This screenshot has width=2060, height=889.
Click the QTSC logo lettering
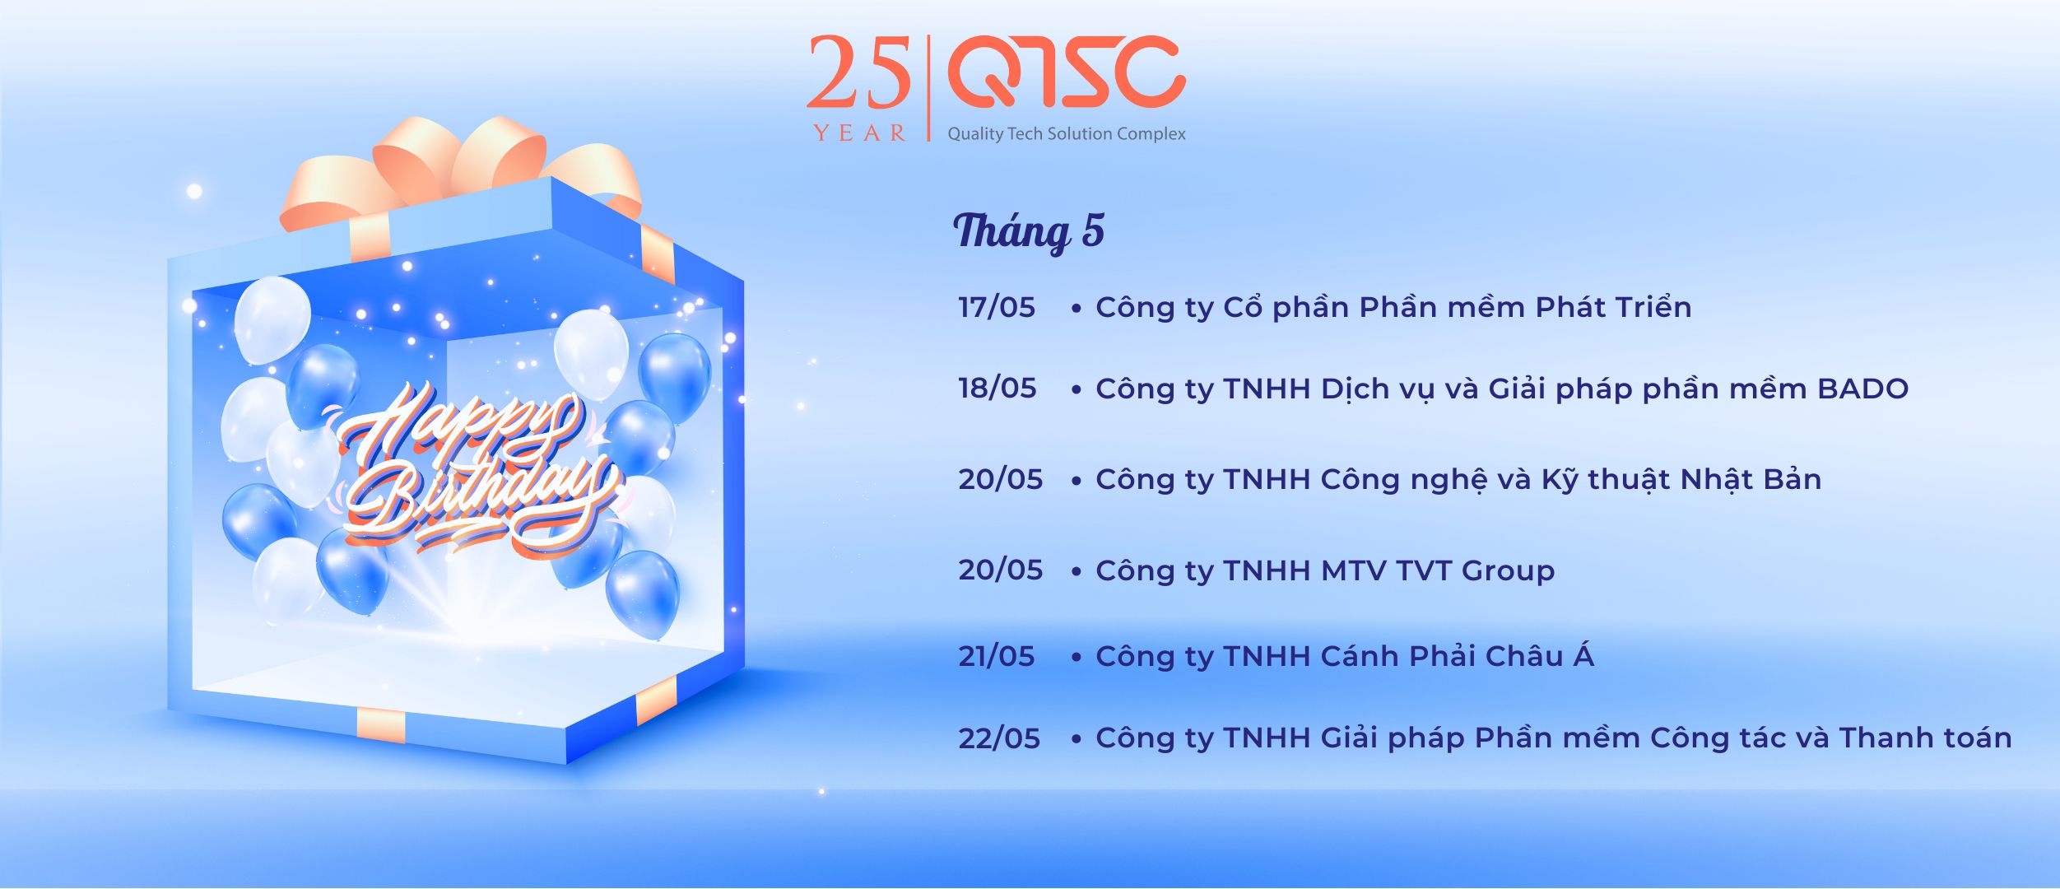coord(1067,72)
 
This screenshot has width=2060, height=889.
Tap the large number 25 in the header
coord(859,72)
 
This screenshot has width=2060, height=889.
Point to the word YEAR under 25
coord(860,133)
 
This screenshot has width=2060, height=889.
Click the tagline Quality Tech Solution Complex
coord(1067,134)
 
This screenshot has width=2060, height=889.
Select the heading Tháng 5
coord(1029,231)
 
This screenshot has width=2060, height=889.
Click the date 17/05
coord(997,308)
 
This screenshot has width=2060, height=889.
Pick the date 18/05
coord(997,389)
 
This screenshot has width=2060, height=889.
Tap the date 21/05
coord(997,656)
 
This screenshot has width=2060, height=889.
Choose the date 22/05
coord(999,738)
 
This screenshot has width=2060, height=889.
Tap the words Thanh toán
coord(1925,738)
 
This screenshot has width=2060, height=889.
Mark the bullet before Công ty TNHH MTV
coord(1077,572)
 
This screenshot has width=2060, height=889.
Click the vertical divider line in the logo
coord(929,88)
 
